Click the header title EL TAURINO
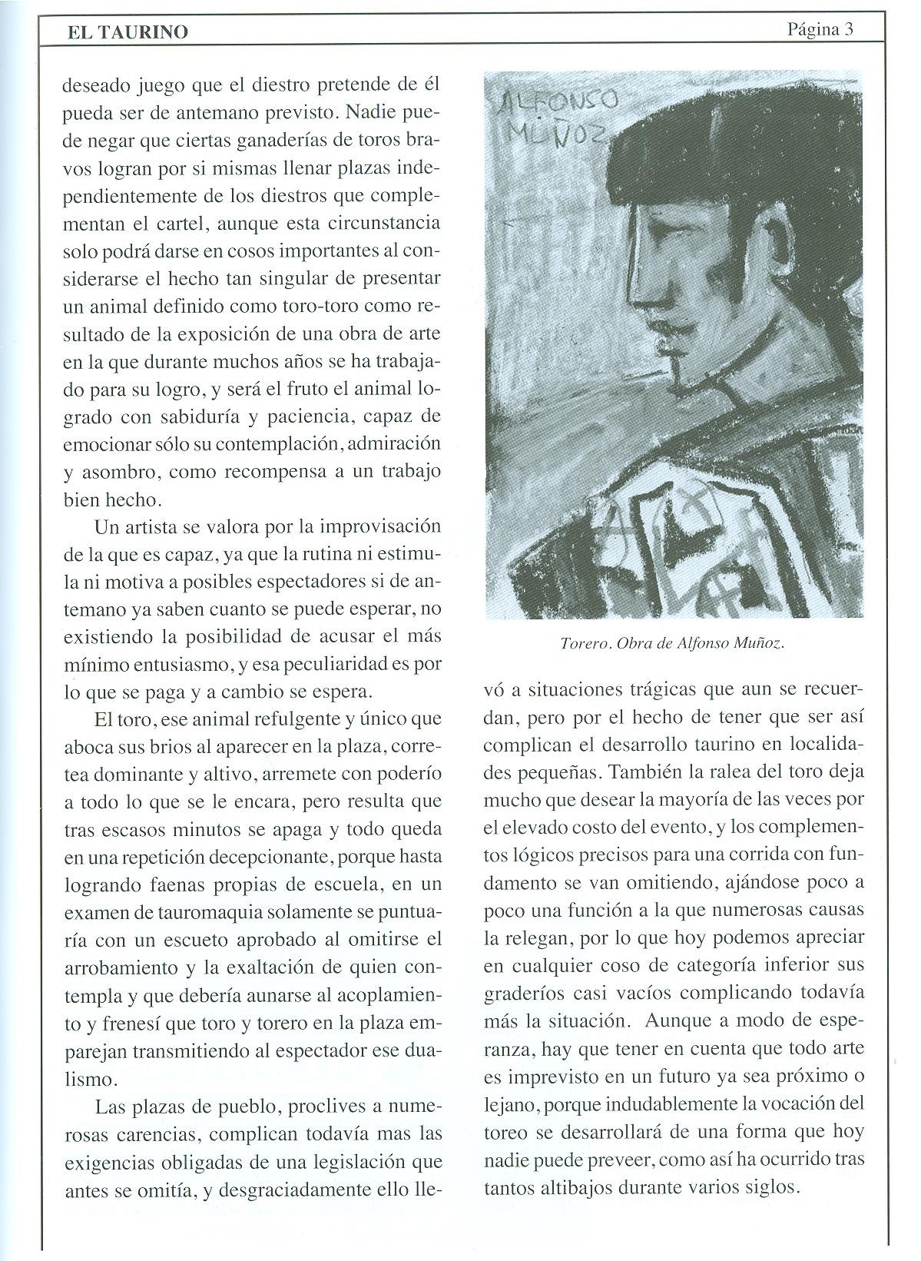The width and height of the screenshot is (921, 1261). coord(128,32)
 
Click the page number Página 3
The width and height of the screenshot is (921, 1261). coord(820,29)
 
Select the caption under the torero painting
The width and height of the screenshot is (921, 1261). coord(672,642)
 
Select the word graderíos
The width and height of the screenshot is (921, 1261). coord(525,992)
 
